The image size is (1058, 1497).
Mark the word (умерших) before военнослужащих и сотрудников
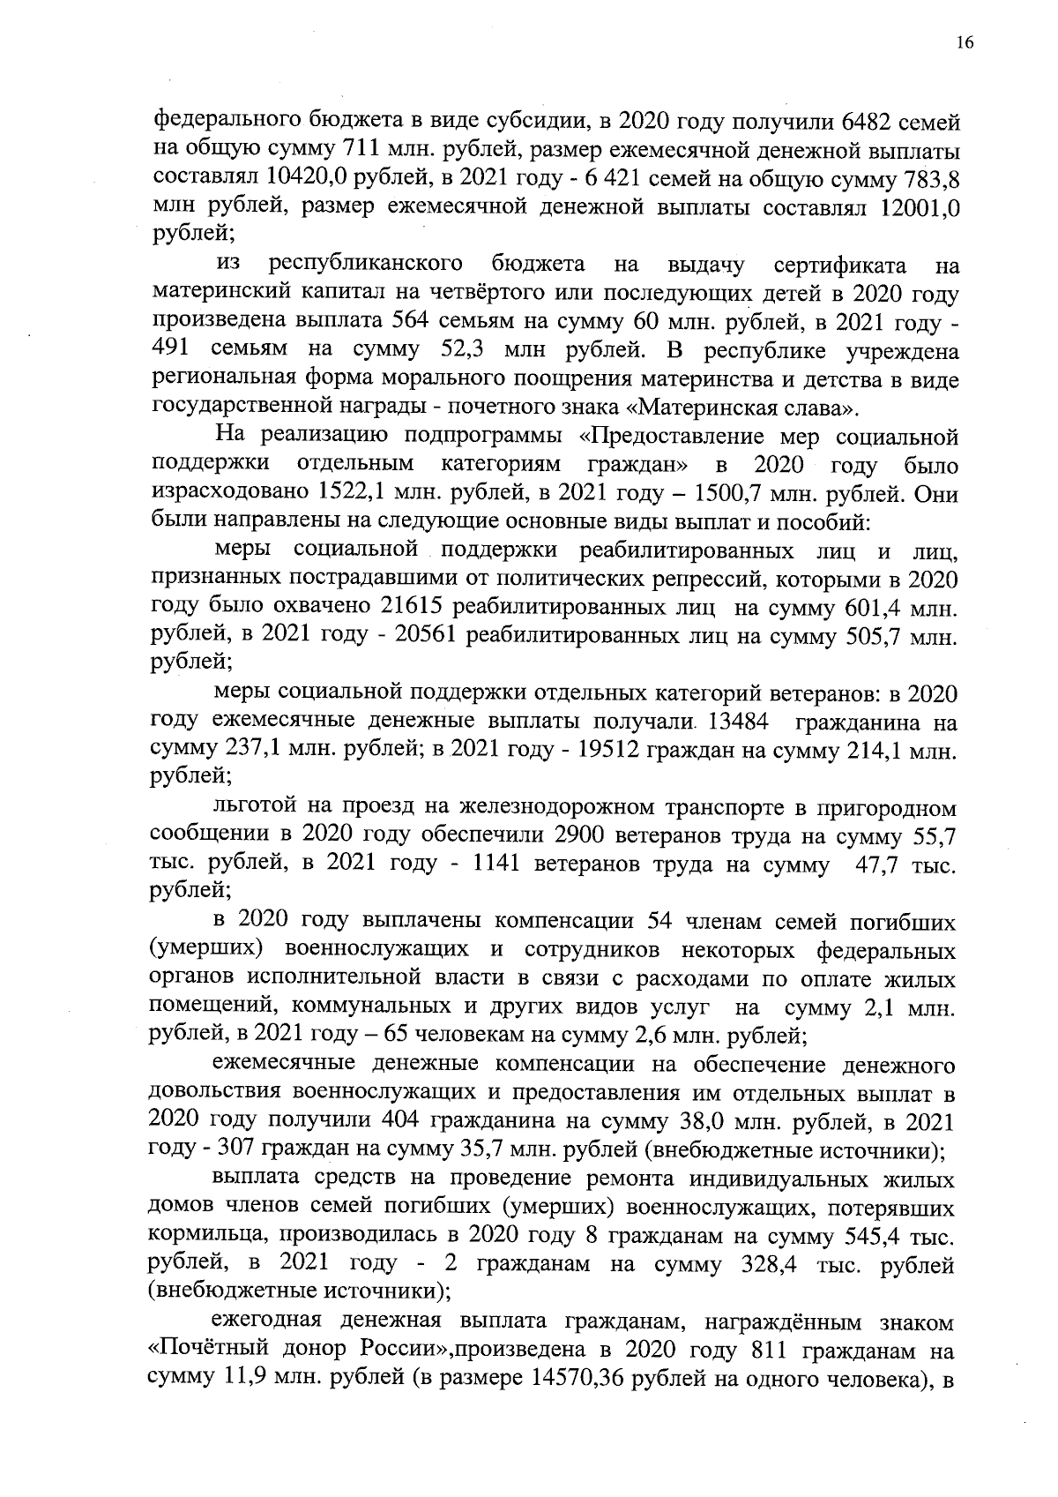(211, 951)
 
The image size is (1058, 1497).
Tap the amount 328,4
(766, 1266)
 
